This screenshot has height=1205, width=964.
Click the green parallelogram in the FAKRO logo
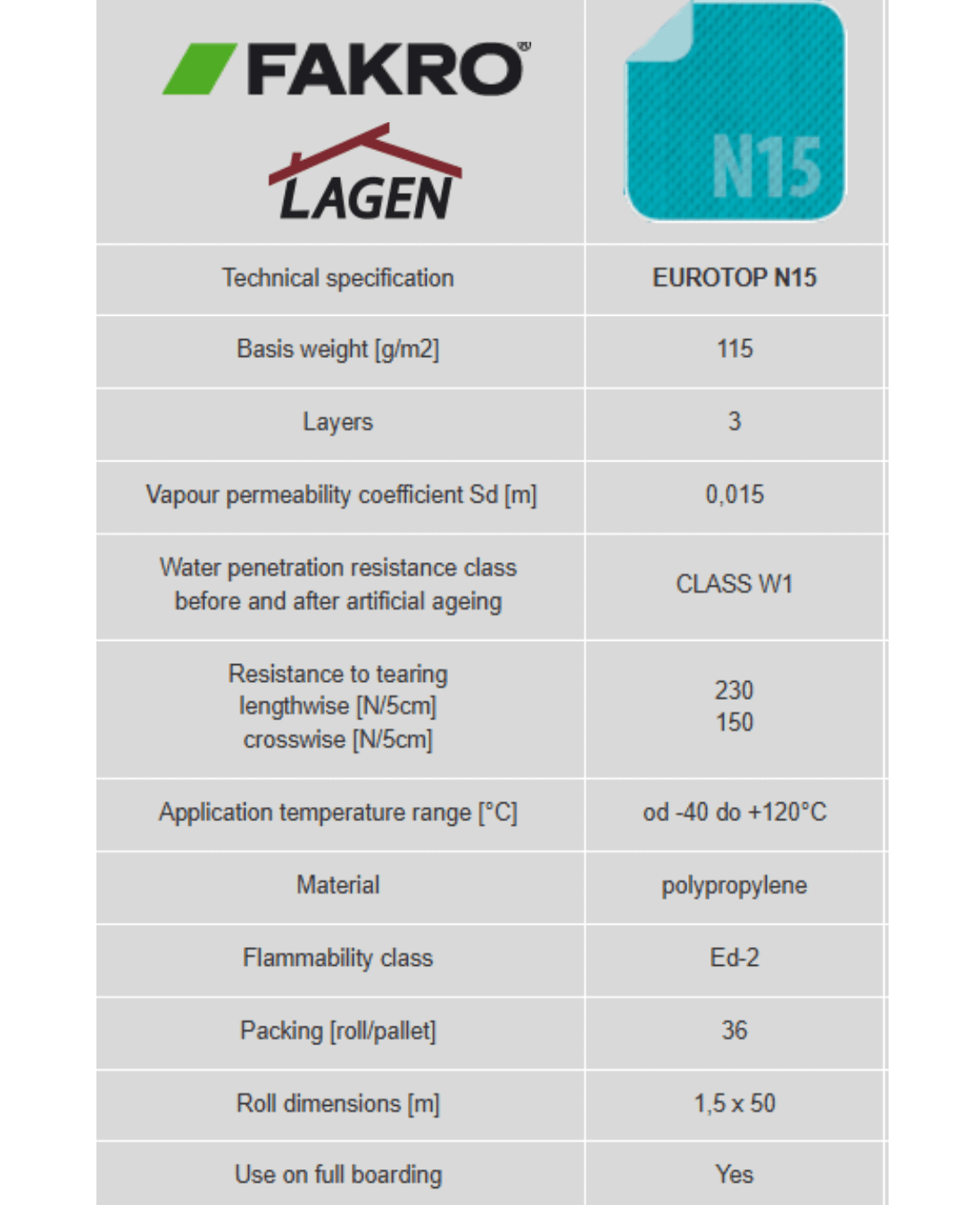199,70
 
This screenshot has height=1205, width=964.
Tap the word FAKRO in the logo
386,70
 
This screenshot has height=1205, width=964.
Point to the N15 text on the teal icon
766,167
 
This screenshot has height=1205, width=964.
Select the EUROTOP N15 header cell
734,278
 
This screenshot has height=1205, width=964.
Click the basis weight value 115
734,349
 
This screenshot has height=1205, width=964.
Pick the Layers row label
337,422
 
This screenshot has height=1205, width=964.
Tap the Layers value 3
734,421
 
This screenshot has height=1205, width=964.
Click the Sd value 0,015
734,494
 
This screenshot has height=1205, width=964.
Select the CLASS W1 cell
734,584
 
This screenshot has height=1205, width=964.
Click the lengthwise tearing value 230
734,690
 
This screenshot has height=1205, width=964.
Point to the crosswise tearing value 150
734,722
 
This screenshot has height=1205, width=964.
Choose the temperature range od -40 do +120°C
734,812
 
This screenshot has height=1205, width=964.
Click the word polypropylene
734,885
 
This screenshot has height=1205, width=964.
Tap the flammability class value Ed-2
734,958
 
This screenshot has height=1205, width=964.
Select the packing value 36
734,1030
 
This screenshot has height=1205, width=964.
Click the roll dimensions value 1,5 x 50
734,1103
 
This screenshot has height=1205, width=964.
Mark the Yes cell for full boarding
734,1175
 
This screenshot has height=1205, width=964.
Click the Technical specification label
337,278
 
